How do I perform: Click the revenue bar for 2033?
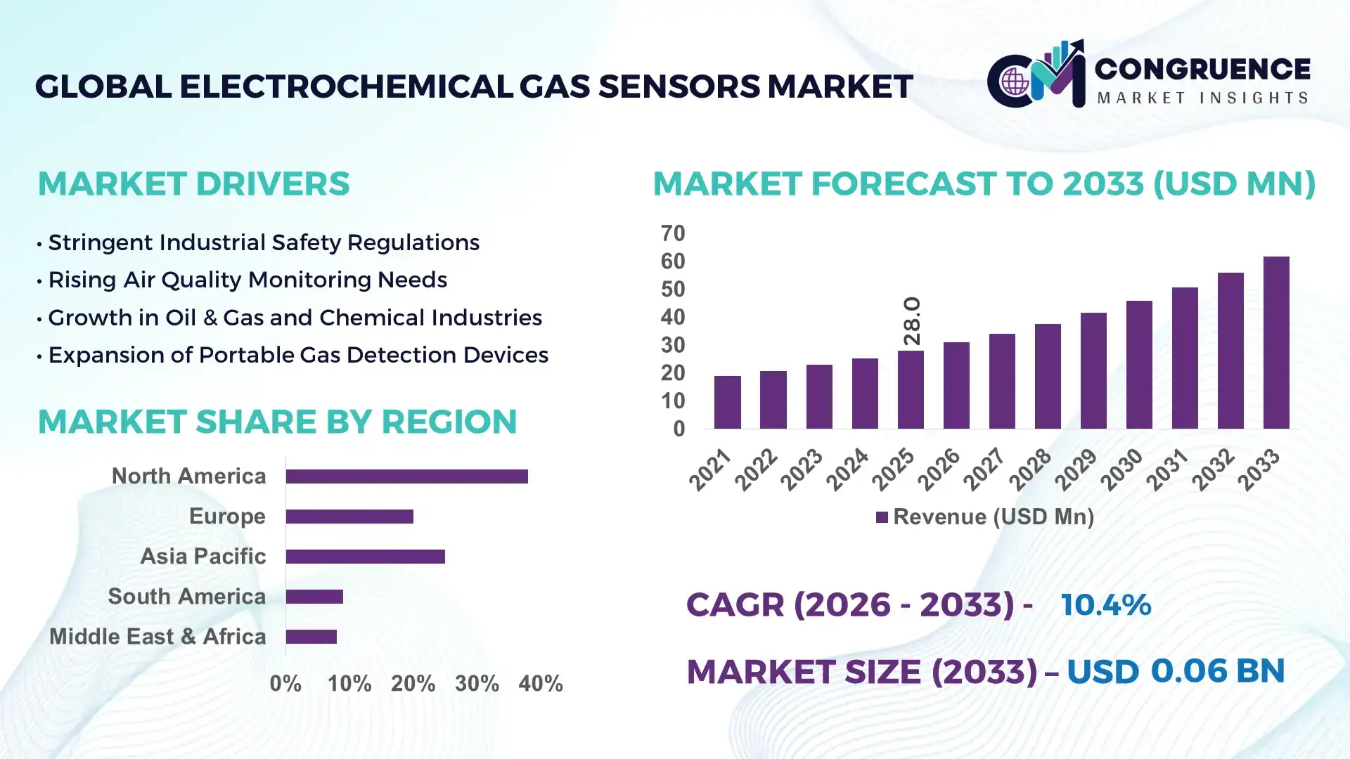coord(1276,343)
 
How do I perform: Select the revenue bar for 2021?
coord(727,402)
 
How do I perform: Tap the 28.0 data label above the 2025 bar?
coord(912,321)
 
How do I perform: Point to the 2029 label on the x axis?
coord(1076,469)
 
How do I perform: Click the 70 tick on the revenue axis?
coord(673,233)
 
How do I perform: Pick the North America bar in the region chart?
coord(406,476)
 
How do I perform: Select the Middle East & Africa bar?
coord(311,637)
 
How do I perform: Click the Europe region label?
coord(227,516)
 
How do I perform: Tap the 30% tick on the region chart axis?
coord(477,683)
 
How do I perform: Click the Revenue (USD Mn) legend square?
coord(882,517)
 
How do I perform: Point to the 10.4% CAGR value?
coord(1105,604)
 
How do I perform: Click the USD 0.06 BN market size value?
coord(1176,671)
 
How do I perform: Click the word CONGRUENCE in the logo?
coord(1202,69)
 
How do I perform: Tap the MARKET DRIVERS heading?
coord(193,184)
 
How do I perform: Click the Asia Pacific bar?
coord(365,557)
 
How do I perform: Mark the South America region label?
coord(186,596)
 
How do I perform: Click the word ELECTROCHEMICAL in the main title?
coord(345,86)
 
